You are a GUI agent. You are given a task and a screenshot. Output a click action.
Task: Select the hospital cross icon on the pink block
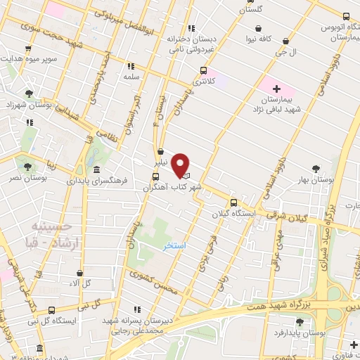click(x=276, y=89)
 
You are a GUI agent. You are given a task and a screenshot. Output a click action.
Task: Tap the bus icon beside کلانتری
click(x=204, y=70)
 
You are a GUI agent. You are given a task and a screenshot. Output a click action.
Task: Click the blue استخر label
click(x=174, y=246)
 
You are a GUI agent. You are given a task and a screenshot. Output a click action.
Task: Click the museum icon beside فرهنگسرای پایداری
click(x=96, y=170)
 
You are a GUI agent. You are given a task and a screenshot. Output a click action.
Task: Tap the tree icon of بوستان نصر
click(x=27, y=167)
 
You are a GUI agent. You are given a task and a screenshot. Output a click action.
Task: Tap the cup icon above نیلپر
click(x=161, y=151)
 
